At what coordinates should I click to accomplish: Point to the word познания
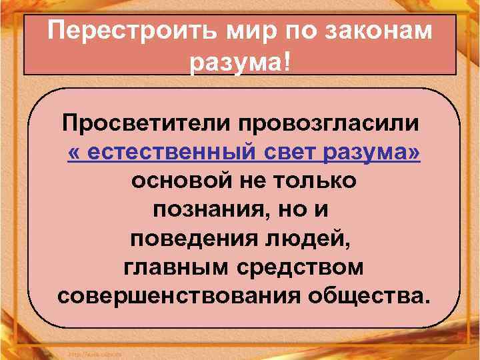coord(203,210)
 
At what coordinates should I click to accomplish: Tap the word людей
coord(313,239)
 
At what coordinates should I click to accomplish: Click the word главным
coord(174,267)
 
